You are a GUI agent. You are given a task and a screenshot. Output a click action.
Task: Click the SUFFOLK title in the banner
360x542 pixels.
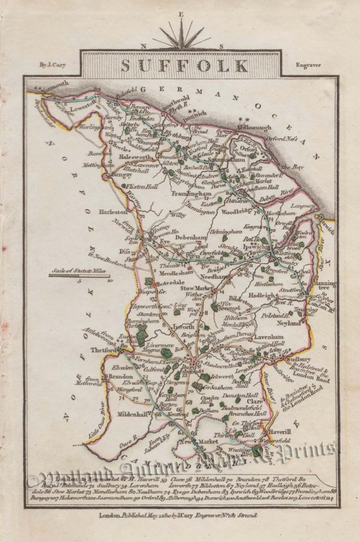click(184, 66)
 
